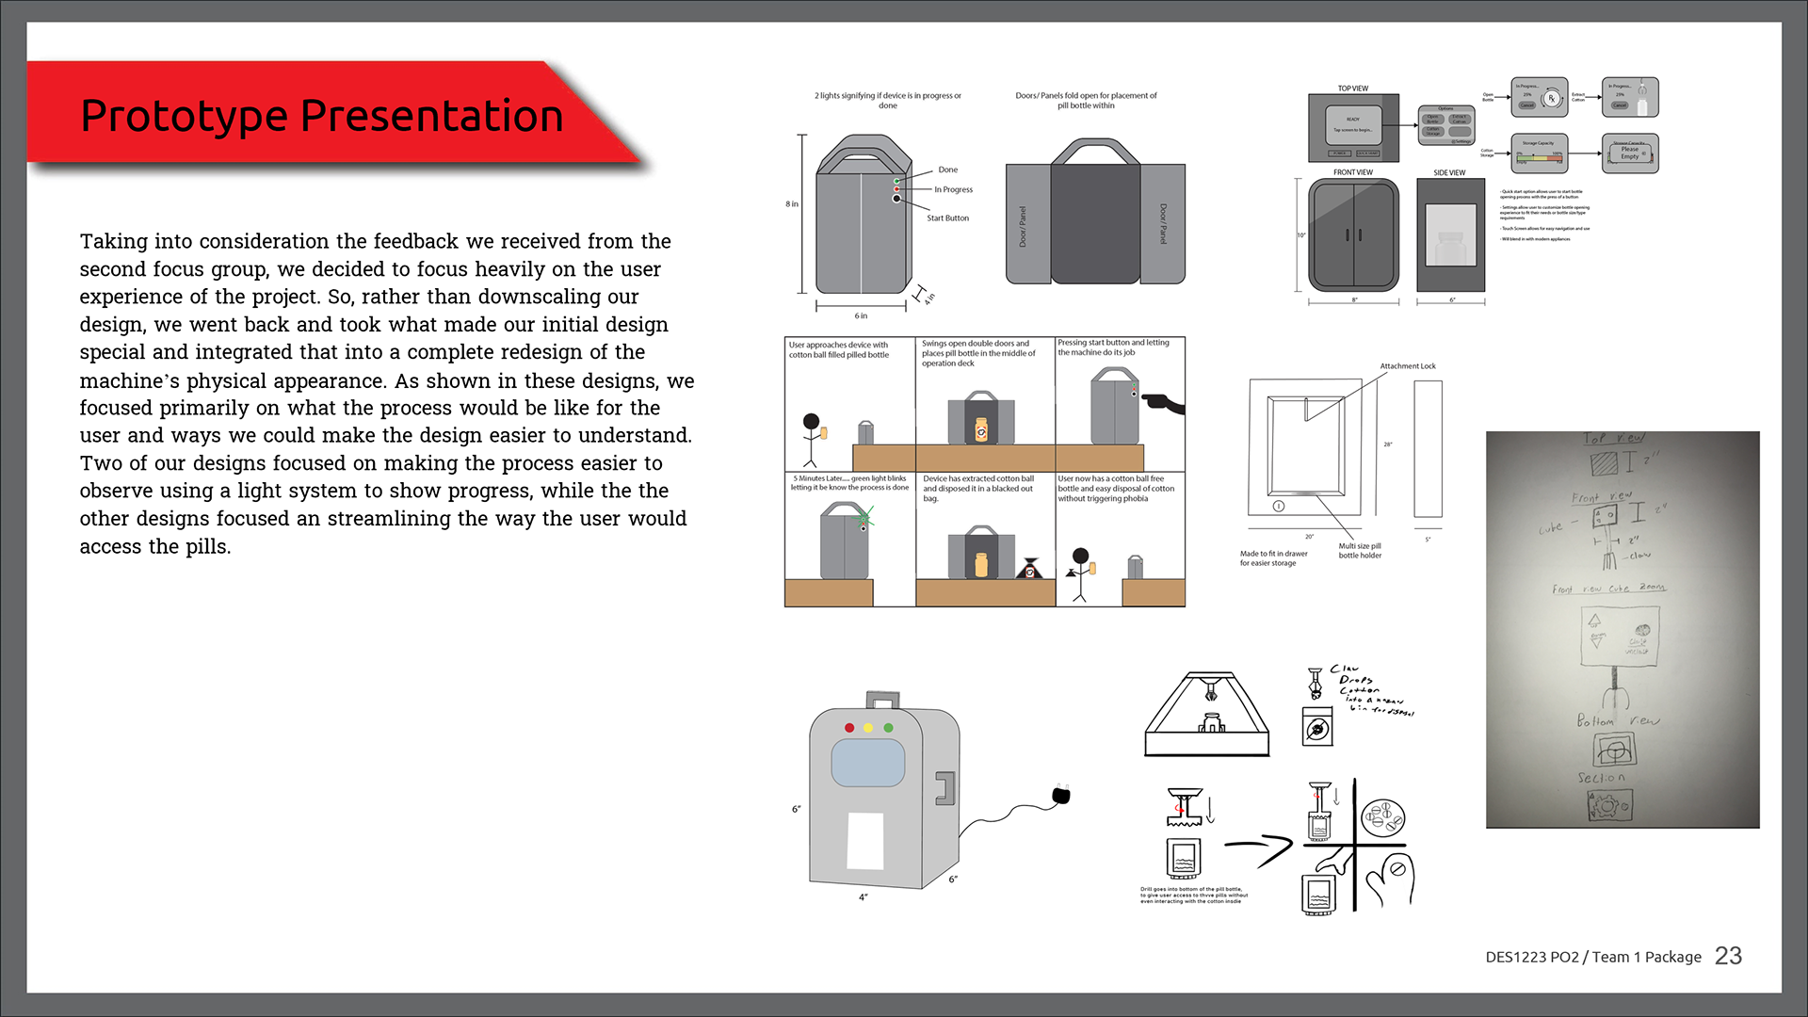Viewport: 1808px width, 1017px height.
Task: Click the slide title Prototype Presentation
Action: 322,117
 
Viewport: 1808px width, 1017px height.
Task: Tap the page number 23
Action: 1728,956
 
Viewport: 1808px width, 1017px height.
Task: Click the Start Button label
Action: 947,218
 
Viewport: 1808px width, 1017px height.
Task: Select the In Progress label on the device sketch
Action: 953,190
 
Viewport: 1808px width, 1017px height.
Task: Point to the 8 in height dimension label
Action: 792,204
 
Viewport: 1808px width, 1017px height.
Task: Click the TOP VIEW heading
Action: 1352,89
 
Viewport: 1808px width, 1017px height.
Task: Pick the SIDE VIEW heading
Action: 1449,173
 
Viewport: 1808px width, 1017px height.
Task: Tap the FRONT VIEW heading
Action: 1352,173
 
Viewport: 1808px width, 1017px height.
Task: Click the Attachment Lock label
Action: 1408,366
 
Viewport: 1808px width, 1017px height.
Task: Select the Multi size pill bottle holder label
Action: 1360,551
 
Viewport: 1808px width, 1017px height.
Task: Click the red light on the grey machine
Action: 849,728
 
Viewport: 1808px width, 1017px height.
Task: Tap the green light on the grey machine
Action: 888,728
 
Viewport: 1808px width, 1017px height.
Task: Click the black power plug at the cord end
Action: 1061,796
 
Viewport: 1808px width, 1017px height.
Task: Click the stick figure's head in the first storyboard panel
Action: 810,421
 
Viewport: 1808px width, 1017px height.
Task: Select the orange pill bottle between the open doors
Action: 981,428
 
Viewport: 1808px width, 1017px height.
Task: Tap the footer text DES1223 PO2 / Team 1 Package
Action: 1593,957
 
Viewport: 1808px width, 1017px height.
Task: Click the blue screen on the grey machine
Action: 867,763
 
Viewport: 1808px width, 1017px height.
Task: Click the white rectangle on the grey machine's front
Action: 865,841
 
